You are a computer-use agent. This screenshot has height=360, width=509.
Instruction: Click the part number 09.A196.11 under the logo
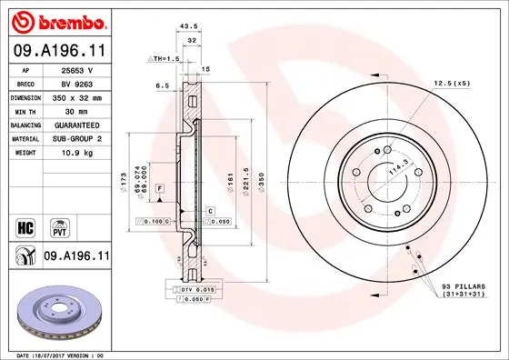point(58,51)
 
